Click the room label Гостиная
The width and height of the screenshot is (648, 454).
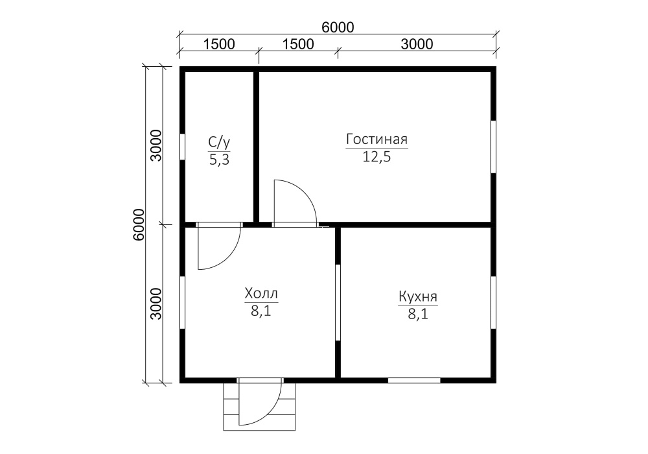(376, 139)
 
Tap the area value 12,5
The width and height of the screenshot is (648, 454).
(376, 157)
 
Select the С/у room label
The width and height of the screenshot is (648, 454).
(219, 142)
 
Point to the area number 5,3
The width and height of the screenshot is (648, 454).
(219, 160)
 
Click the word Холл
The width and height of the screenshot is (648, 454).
(261, 294)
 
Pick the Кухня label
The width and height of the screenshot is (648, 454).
(418, 297)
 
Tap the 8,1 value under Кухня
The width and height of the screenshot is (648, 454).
(418, 315)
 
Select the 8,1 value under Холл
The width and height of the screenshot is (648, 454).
(261, 311)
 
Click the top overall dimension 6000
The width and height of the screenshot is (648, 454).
(338, 27)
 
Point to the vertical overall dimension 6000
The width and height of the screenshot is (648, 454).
(139, 224)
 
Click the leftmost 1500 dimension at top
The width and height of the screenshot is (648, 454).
(219, 44)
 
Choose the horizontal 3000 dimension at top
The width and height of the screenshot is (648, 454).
(417, 44)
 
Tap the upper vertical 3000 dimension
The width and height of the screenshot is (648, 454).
(156, 145)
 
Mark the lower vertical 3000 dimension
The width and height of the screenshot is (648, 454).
(156, 304)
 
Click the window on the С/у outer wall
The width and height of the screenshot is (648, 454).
(182, 147)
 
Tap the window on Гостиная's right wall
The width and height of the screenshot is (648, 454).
(493, 147)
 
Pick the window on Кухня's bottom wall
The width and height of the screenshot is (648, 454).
(414, 381)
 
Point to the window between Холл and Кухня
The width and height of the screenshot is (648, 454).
(338, 302)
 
